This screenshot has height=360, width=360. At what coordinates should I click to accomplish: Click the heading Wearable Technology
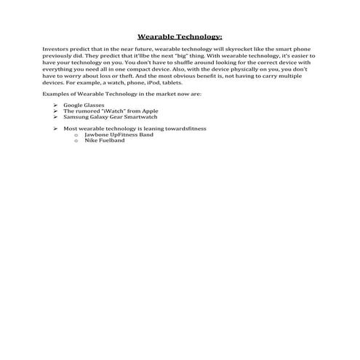point(180,36)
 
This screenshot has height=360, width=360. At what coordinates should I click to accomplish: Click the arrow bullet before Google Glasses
point(56,105)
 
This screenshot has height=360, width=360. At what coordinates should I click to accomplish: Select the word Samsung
point(76,116)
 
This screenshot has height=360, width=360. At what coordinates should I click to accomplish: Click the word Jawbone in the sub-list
point(97,135)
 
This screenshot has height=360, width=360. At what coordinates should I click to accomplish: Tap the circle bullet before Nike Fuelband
point(76,140)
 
